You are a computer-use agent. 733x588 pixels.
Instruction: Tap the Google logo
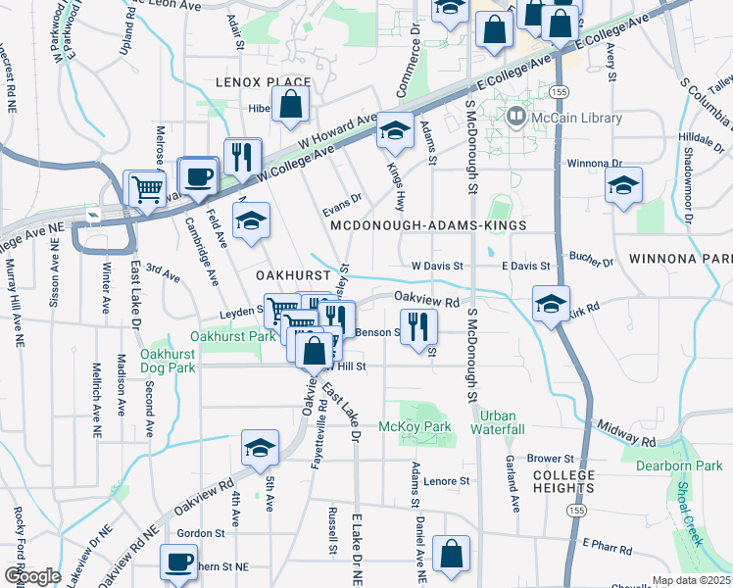[x=31, y=575]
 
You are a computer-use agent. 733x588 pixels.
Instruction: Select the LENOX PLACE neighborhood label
[x=263, y=82]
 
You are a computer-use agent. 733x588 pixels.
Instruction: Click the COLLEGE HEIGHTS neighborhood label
[x=563, y=481]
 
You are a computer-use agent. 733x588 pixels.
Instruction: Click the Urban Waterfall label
[x=497, y=422]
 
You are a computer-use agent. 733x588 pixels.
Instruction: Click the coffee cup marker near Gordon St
[x=178, y=563]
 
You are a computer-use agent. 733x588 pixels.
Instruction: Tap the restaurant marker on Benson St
[x=418, y=326]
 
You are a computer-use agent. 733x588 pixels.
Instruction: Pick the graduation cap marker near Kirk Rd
[x=551, y=302]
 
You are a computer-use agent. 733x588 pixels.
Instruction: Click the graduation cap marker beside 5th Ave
[x=260, y=448]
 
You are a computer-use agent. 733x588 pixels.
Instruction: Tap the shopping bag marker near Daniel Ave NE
[x=451, y=554]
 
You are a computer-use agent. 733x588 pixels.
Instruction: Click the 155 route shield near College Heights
[x=578, y=511]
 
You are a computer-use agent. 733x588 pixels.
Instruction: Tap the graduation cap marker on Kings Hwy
[x=395, y=130]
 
